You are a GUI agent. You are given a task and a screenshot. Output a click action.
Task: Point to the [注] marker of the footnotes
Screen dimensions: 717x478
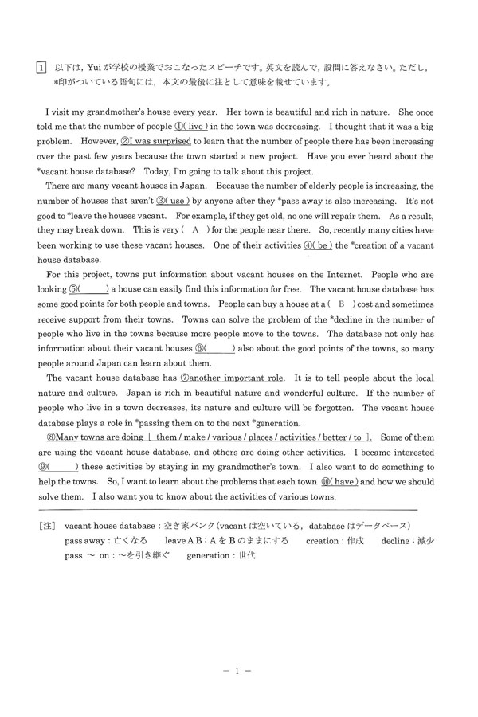(45, 526)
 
